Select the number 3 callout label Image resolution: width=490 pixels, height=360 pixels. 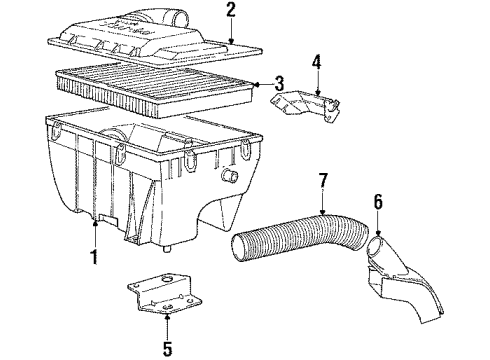point(279,84)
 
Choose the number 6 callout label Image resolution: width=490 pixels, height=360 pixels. point(378,203)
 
